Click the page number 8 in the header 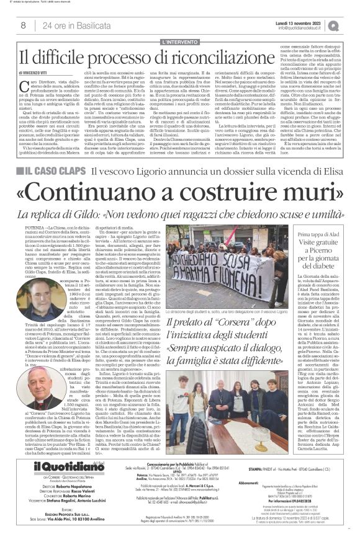pyautogui.click(x=23, y=25)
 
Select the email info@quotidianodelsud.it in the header pyautogui.click(x=299, y=27)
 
